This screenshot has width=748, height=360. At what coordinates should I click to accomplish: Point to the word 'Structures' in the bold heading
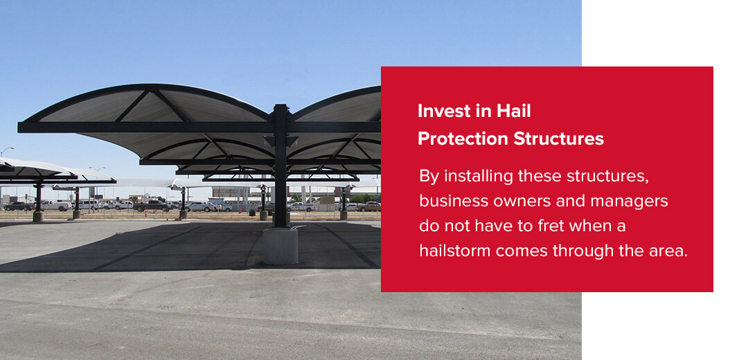tap(558, 138)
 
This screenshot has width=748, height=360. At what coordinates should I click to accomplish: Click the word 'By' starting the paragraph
tap(429, 176)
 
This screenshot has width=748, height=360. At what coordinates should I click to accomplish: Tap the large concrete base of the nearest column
tap(280, 245)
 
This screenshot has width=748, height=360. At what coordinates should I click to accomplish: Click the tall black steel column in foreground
tap(280, 166)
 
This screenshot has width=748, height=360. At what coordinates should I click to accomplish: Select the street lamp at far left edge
tap(6, 150)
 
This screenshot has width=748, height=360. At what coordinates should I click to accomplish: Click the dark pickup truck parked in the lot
tap(151, 206)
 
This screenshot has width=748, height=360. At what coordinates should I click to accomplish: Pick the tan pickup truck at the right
tap(368, 206)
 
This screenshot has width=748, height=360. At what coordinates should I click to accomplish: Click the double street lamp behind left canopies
tap(97, 169)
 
